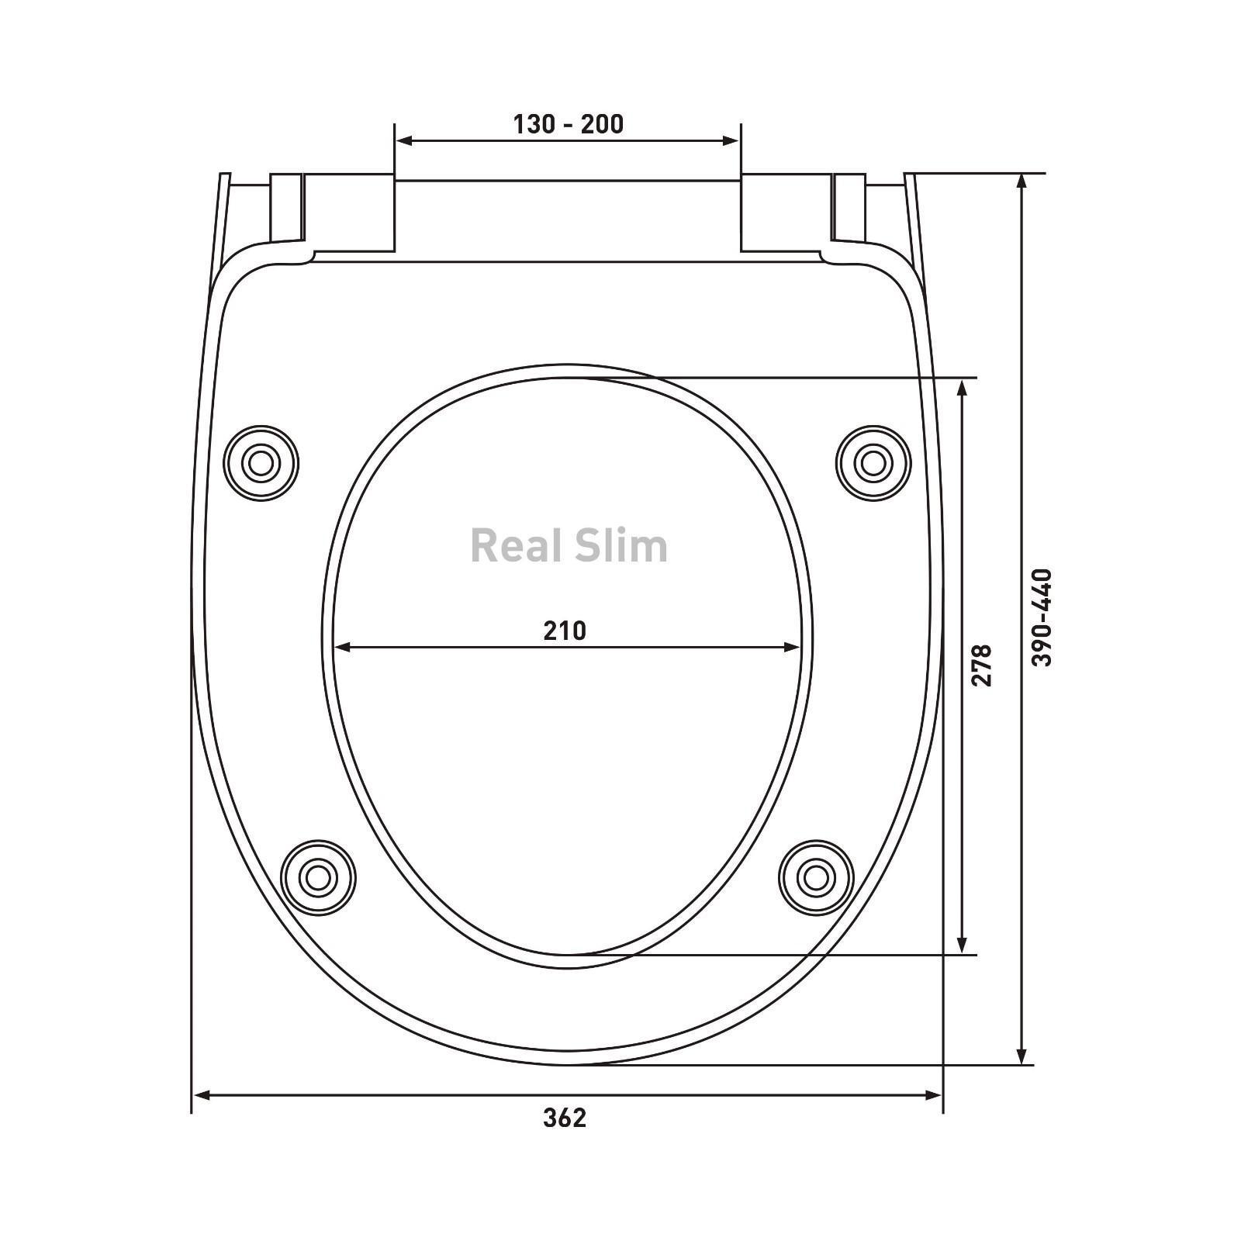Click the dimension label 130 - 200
tap(568, 124)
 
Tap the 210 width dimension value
tap(565, 631)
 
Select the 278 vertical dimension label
tap(981, 665)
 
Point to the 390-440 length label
tap(1042, 617)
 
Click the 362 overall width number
tap(565, 1118)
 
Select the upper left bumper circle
tap(261, 463)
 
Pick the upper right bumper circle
tap(873, 463)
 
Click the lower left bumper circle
tap(318, 877)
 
